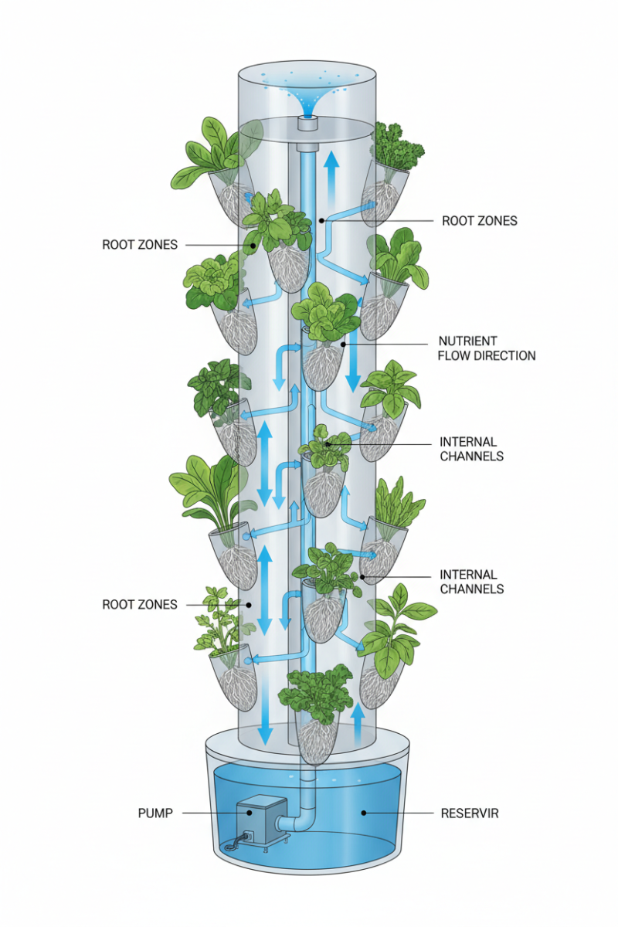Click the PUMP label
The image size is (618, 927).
pyautogui.click(x=155, y=813)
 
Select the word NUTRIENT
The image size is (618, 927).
pyautogui.click(x=467, y=341)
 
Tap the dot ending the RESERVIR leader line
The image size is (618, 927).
pyautogui.click(x=363, y=813)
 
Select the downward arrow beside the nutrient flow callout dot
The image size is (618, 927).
pyautogui.click(x=353, y=363)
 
